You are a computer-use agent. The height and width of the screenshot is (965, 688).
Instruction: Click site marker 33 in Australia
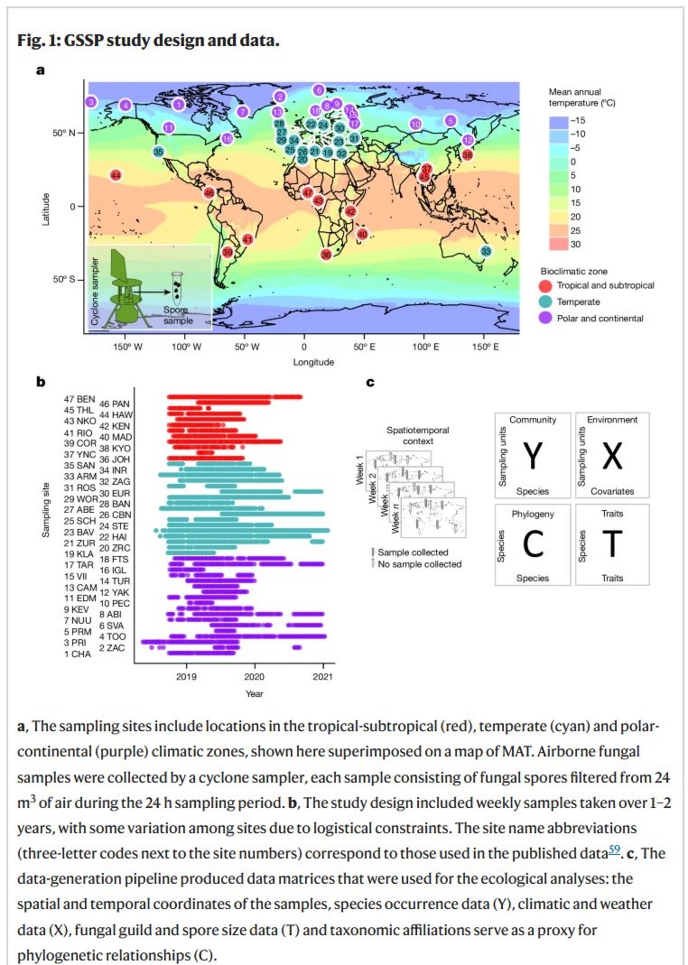(x=486, y=251)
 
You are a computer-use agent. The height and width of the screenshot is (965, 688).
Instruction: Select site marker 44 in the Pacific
(x=116, y=175)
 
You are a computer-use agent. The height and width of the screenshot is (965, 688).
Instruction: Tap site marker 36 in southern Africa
(x=326, y=255)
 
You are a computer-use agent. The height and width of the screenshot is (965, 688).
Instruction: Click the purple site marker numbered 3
(x=91, y=102)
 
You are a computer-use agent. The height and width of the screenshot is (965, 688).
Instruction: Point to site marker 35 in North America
(x=158, y=152)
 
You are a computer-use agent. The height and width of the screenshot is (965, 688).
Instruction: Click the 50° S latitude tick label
(x=64, y=279)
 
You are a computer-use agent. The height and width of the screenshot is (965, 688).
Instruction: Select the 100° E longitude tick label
(x=425, y=347)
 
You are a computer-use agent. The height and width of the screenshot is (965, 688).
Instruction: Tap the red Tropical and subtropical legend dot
(x=545, y=286)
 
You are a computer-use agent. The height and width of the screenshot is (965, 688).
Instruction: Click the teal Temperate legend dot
(x=545, y=302)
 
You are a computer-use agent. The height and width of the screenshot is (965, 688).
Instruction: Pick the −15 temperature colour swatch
(x=558, y=121)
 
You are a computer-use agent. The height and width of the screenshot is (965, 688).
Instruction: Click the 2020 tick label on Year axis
(x=254, y=676)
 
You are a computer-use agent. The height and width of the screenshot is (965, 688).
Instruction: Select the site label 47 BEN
(x=79, y=399)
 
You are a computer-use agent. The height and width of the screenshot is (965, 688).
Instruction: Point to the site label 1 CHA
(x=77, y=654)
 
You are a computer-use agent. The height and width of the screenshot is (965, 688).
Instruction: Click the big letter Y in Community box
(x=532, y=455)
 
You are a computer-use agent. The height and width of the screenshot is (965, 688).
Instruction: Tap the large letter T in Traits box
(x=612, y=543)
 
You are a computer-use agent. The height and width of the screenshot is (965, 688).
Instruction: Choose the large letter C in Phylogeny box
(x=532, y=543)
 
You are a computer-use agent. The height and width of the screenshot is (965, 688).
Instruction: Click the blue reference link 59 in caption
(x=614, y=850)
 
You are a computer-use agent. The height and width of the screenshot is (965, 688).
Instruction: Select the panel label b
(x=41, y=382)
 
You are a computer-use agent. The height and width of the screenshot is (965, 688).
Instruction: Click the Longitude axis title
(x=313, y=362)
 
